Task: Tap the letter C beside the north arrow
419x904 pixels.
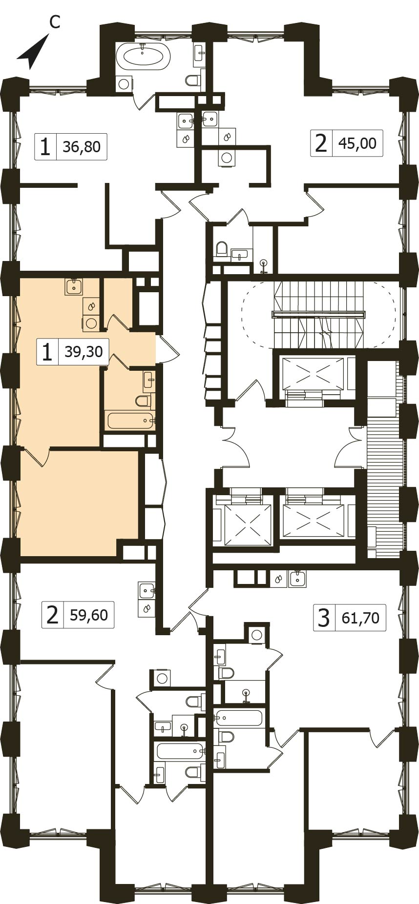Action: pyautogui.click(x=55, y=22)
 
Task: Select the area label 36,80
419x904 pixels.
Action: pyautogui.click(x=82, y=146)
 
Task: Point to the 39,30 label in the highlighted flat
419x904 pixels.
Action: pyautogui.click(x=84, y=351)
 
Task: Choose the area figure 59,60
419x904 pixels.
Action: pyautogui.click(x=89, y=615)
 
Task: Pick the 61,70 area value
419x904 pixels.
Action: pyautogui.click(x=361, y=618)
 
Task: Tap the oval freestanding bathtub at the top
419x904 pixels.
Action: pyautogui.click(x=143, y=56)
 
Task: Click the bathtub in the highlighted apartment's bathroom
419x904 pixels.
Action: pyautogui.click(x=130, y=420)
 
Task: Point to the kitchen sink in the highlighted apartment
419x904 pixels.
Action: pyautogui.click(x=74, y=286)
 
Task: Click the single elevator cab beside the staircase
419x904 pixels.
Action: pyautogui.click(x=313, y=373)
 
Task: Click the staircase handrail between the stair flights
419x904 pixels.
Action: pyautogui.click(x=318, y=314)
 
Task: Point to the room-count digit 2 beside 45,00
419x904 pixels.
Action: pyautogui.click(x=321, y=143)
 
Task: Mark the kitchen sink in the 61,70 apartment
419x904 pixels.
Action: pyautogui.click(x=297, y=579)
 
